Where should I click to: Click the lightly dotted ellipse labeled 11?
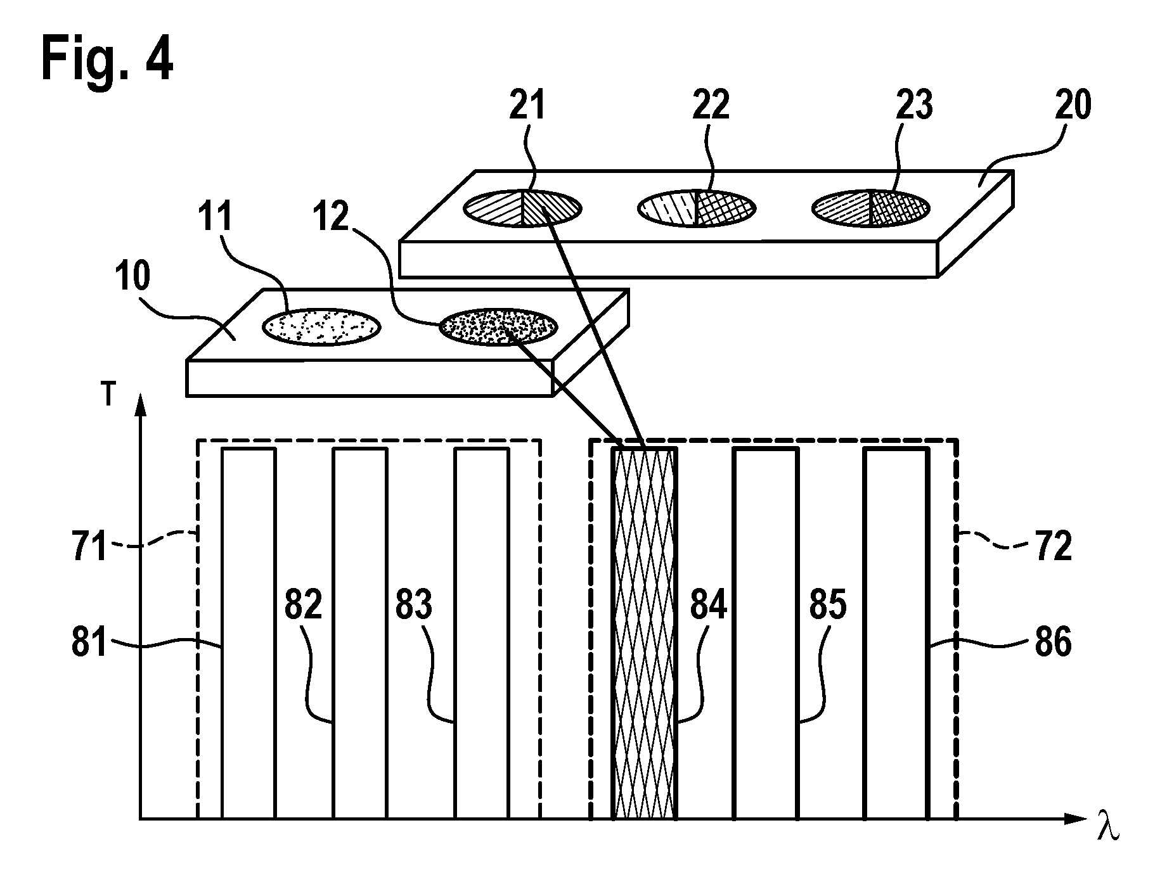(322, 327)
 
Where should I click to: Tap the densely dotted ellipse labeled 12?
(499, 327)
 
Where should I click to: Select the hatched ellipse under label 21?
(522, 207)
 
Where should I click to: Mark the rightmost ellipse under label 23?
(871, 207)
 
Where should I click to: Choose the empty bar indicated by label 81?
(248, 634)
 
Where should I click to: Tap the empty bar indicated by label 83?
(482, 634)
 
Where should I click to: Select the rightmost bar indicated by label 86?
(896, 634)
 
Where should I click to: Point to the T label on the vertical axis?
(110, 395)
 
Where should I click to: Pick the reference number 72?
(1053, 546)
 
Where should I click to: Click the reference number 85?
(827, 606)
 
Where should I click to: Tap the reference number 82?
(303, 606)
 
